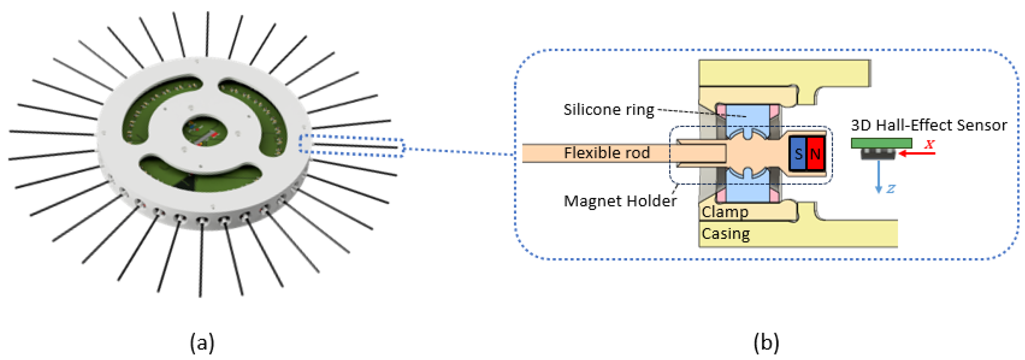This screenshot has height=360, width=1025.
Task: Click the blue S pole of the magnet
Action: [x=797, y=154]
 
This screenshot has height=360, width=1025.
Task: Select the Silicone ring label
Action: [x=608, y=109]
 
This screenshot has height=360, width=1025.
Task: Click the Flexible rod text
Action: [x=606, y=153]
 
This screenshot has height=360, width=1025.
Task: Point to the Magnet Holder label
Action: [x=619, y=201]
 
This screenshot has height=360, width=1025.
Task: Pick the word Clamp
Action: [x=725, y=212]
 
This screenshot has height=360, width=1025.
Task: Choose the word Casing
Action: [x=725, y=233]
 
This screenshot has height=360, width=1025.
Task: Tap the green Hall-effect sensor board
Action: [x=881, y=143]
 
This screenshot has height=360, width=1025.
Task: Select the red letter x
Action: [x=930, y=144]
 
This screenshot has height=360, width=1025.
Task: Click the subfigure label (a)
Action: [x=202, y=342]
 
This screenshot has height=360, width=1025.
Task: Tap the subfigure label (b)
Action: [x=766, y=342]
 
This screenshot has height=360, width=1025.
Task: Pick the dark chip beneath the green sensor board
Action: [x=878, y=154]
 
